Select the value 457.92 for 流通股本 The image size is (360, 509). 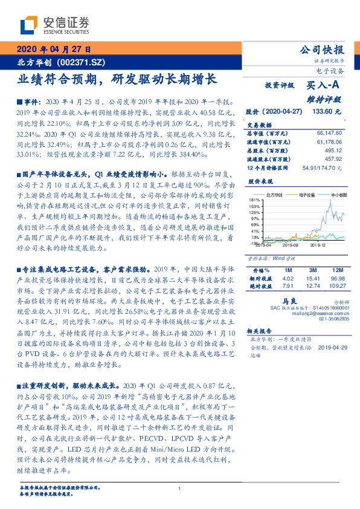[x=333, y=158]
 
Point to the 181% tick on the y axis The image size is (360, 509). [x=254, y=199]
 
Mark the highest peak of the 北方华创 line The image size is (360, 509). [x=330, y=201]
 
